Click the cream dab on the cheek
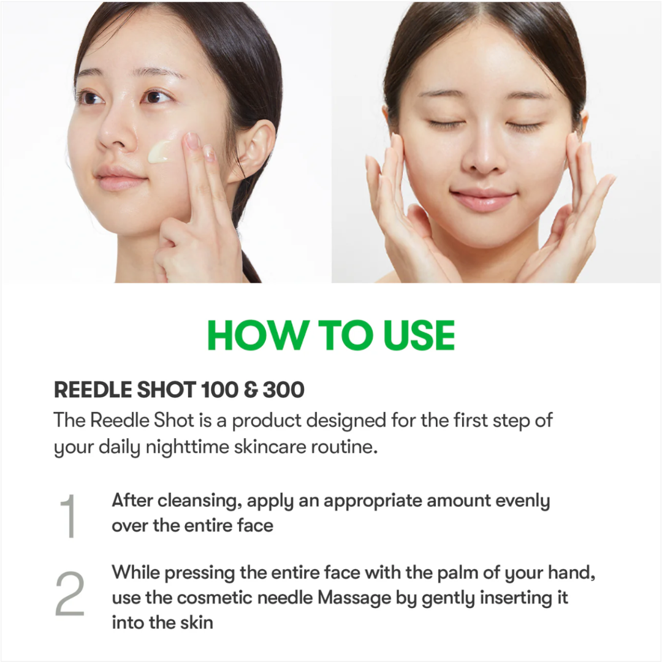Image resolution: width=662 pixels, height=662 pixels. tap(161, 151)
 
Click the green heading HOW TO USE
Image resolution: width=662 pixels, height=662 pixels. tap(331, 335)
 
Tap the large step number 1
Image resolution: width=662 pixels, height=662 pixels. tap(68, 517)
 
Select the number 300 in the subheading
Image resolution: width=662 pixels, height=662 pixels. tap(284, 389)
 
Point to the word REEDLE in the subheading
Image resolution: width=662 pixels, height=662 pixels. tap(91, 389)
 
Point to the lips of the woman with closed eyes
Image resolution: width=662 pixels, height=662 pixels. tap(483, 200)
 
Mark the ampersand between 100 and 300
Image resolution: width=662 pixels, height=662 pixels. tap(251, 389)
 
